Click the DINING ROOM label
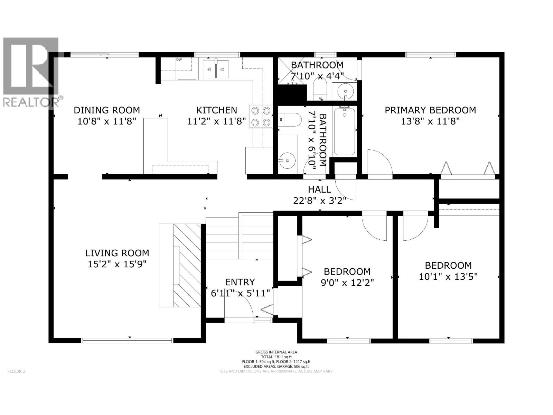[x=107, y=110]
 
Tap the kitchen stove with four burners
[x=261, y=117]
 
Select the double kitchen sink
[x=216, y=69]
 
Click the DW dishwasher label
[x=179, y=59]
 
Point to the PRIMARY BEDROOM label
[x=430, y=110]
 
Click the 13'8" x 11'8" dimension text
[x=430, y=121]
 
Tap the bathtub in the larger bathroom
[x=345, y=131]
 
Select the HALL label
[x=319, y=190]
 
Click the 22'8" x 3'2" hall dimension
[x=319, y=201]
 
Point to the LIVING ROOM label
[x=117, y=253]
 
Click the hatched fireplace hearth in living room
[x=187, y=265]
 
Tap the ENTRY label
[x=240, y=282]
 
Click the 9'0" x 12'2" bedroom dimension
[x=347, y=283]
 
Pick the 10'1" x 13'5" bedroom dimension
[x=448, y=277]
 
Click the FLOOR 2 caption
[x=16, y=371]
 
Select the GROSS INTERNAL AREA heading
[x=276, y=352]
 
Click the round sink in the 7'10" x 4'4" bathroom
[x=345, y=91]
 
